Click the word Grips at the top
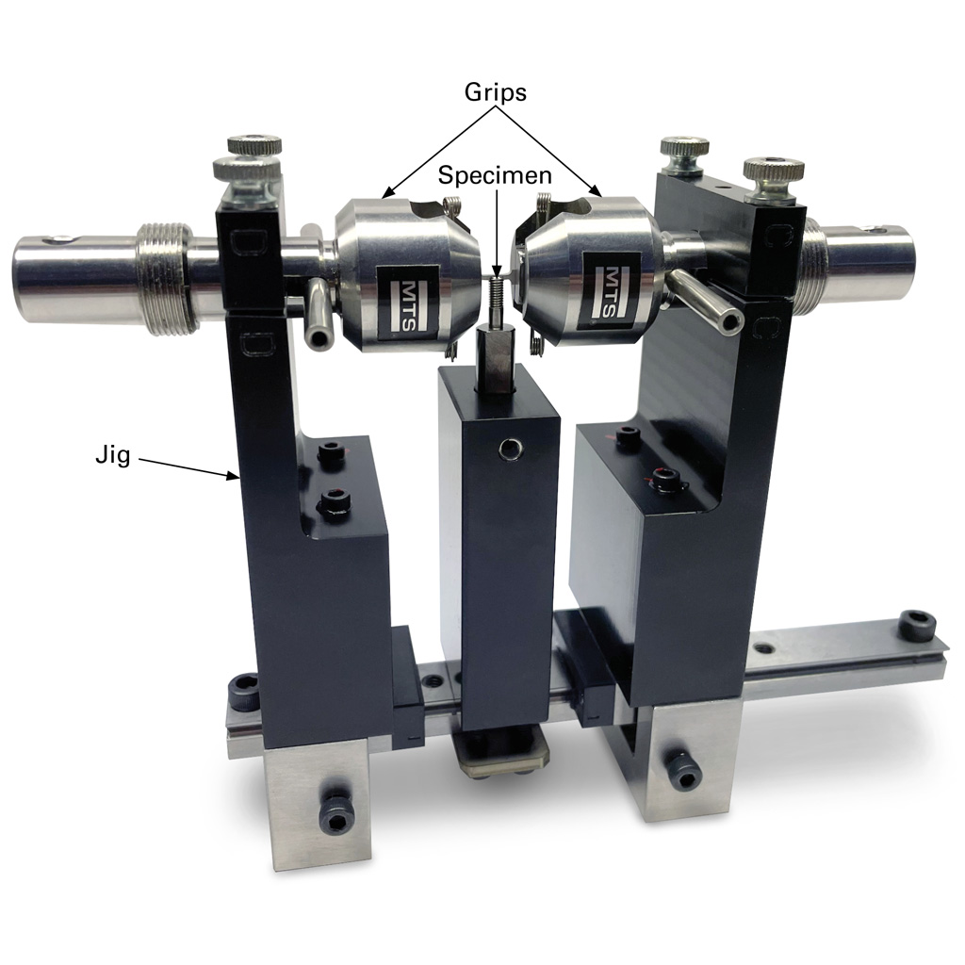coord(495,92)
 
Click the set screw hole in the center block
coord(512,450)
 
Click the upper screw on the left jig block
coord(330,454)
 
